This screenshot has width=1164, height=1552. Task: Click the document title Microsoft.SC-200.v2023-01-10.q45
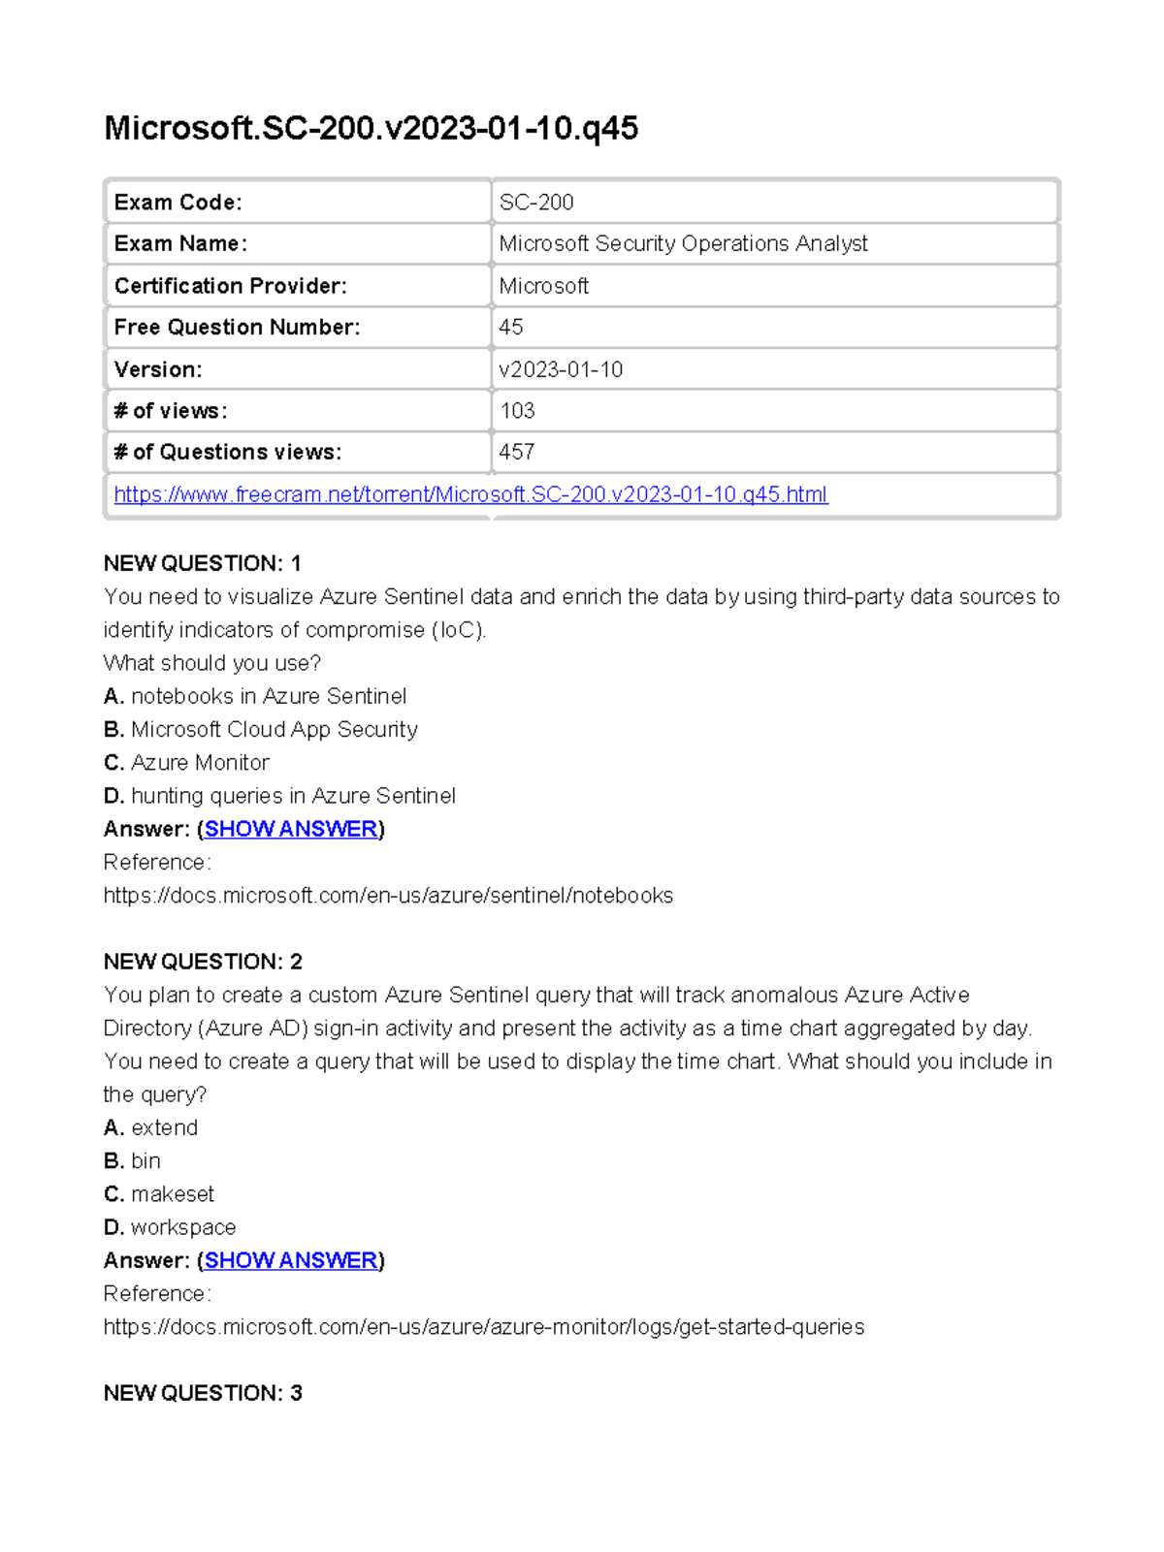point(371,128)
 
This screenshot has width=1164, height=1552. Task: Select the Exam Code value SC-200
point(536,203)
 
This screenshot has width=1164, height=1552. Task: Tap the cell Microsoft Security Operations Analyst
point(683,243)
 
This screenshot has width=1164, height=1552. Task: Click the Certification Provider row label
point(230,286)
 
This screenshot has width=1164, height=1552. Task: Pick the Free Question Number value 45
point(511,328)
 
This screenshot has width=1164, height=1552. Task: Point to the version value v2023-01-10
point(561,369)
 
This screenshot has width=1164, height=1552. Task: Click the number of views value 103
point(517,411)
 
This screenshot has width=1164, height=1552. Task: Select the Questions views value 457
point(517,452)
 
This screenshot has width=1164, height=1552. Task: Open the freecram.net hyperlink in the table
point(470,494)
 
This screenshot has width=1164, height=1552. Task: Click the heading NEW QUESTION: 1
point(203,563)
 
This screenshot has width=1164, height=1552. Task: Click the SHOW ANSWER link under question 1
point(291,829)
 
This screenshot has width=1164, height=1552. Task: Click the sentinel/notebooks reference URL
point(388,896)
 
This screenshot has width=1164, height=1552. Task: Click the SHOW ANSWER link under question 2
point(291,1260)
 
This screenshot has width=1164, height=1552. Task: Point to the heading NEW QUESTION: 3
point(203,1393)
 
